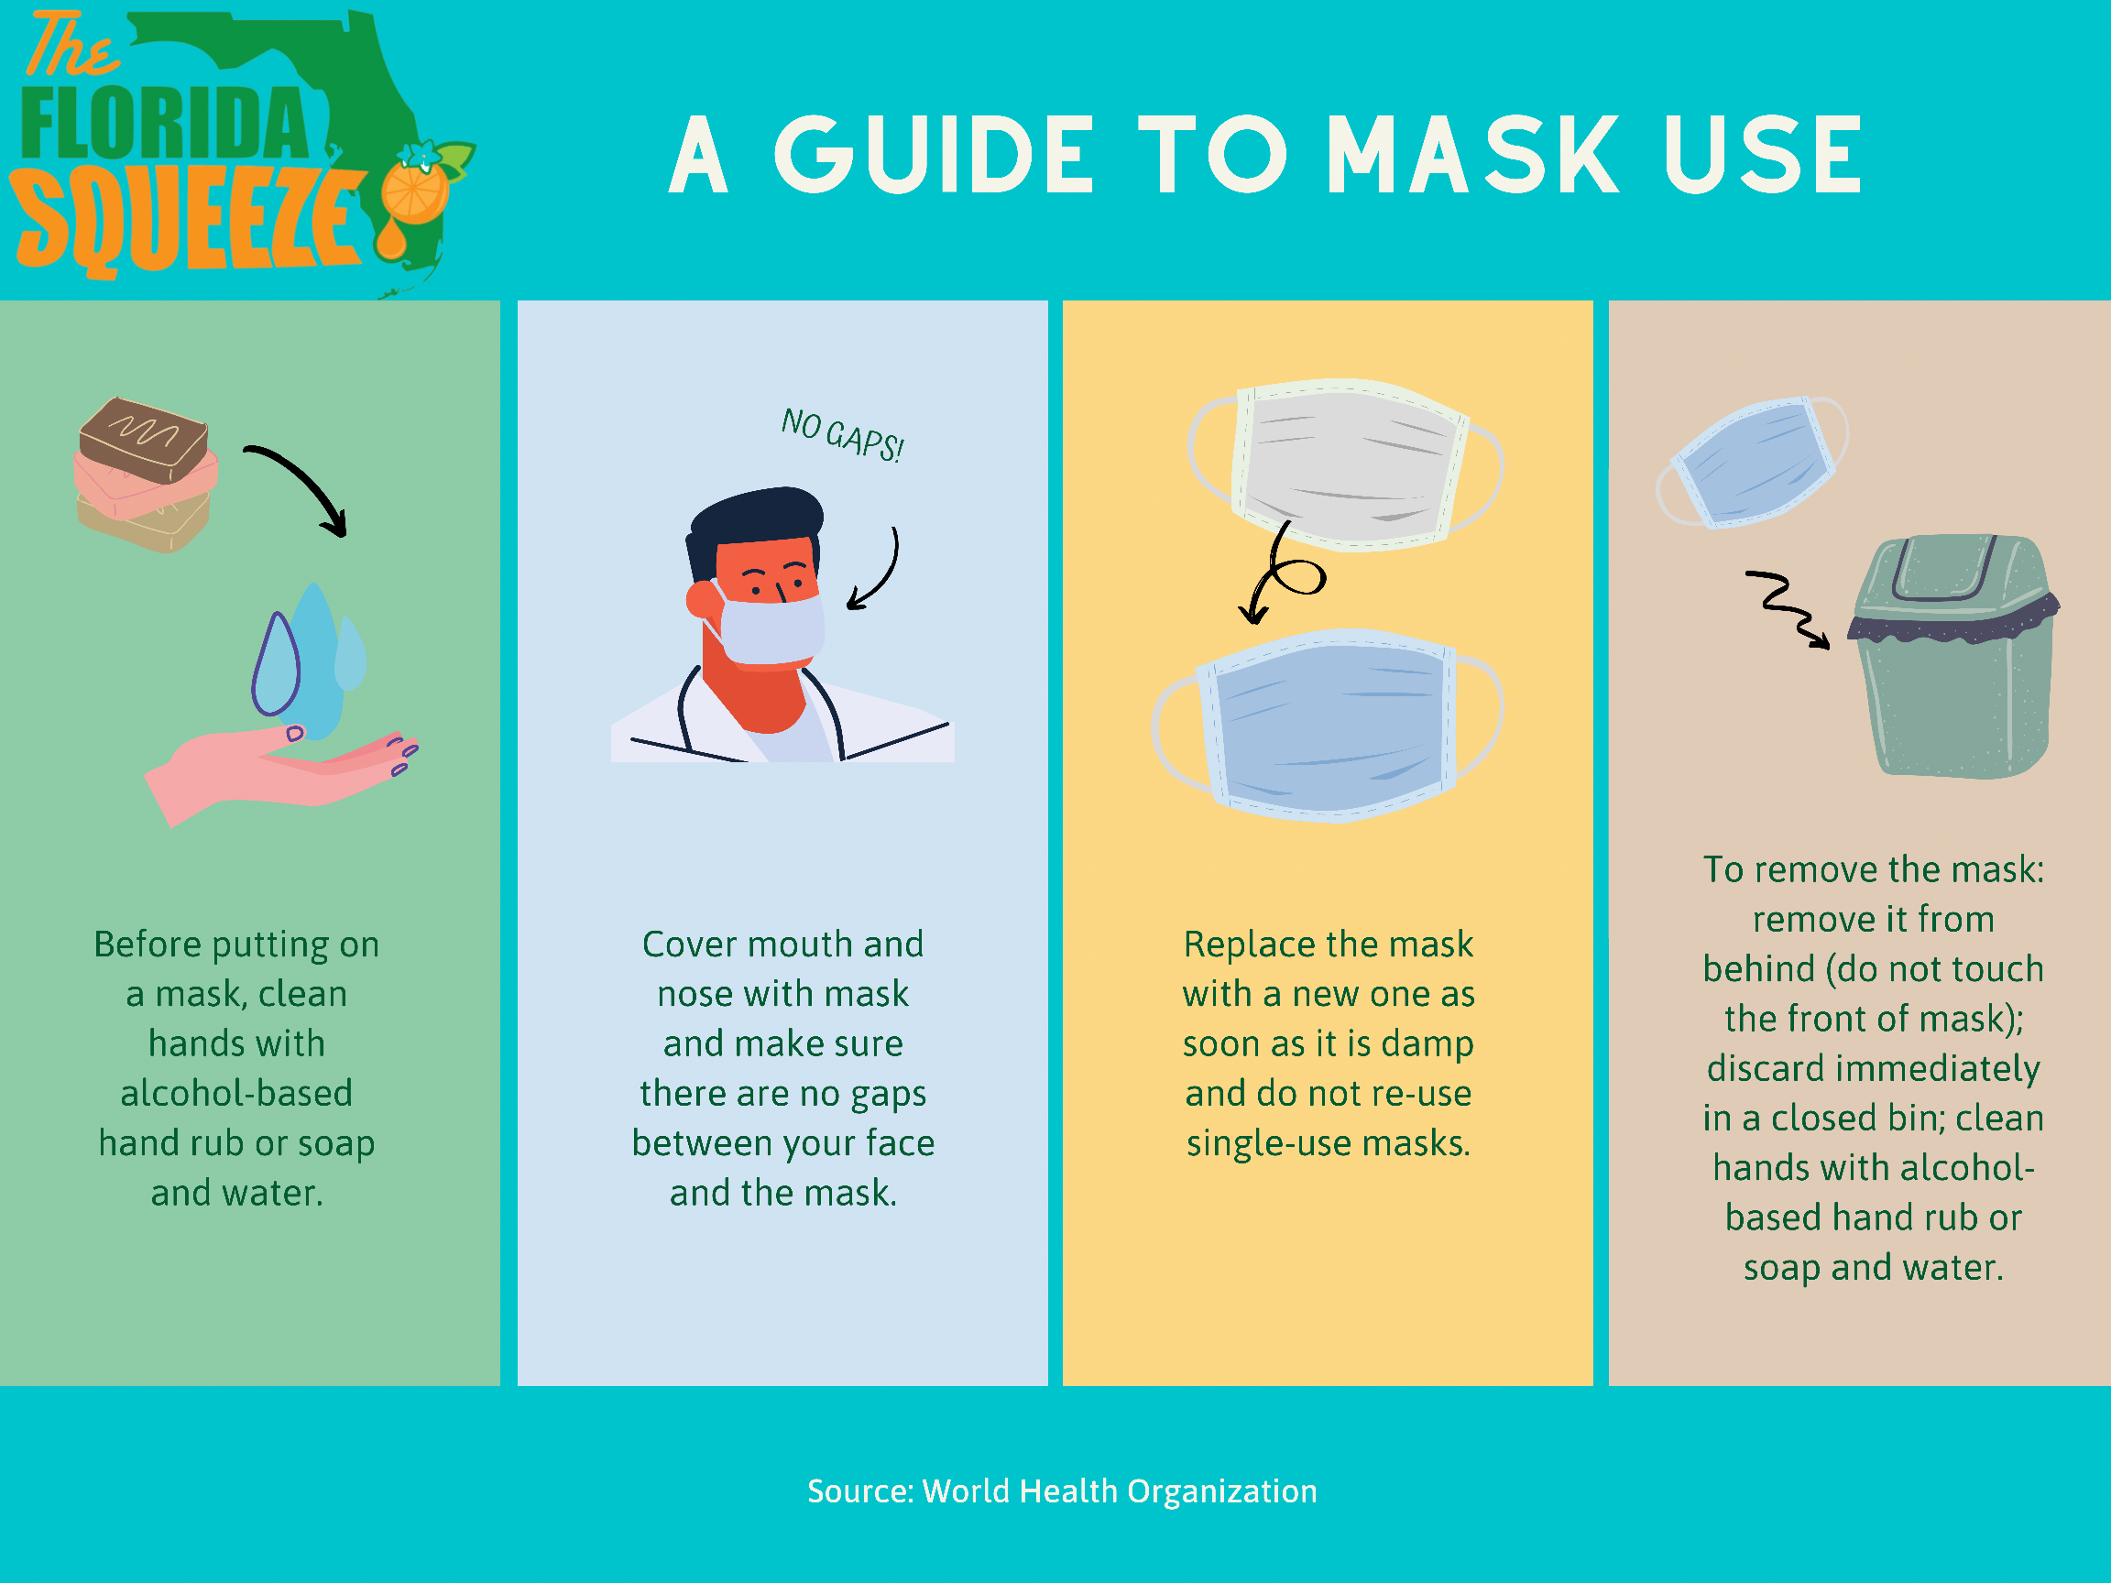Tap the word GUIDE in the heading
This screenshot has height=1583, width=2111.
coord(934,154)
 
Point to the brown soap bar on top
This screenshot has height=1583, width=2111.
coord(143,439)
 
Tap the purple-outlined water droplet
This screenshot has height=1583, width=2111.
coord(276,664)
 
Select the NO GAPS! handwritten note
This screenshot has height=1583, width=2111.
coord(842,435)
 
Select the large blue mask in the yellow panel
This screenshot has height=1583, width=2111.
coord(1329,726)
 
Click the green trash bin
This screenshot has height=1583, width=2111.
coord(1952,657)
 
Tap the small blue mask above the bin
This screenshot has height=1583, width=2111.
coord(1752,463)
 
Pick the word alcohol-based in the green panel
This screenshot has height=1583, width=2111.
coord(236,1094)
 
